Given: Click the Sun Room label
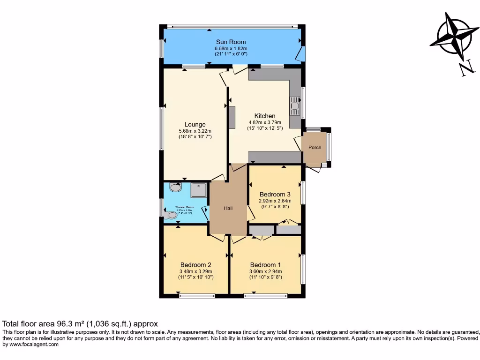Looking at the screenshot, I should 231,42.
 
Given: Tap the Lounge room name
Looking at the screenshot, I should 195,125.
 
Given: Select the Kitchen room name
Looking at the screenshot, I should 265,116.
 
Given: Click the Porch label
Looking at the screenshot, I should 315,147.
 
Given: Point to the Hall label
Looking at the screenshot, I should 228,208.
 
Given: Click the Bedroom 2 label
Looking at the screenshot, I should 195,265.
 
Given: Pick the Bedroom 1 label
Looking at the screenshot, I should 266,265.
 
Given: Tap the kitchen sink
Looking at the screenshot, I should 295,106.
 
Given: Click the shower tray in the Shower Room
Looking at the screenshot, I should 198,190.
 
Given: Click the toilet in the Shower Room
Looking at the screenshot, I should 170,215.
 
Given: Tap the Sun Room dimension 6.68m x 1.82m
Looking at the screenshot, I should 231,48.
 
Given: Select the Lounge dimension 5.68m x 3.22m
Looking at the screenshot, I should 195,131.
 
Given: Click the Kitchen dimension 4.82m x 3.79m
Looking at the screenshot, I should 265,122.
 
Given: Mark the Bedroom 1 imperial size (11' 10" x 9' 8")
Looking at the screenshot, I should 266,277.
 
